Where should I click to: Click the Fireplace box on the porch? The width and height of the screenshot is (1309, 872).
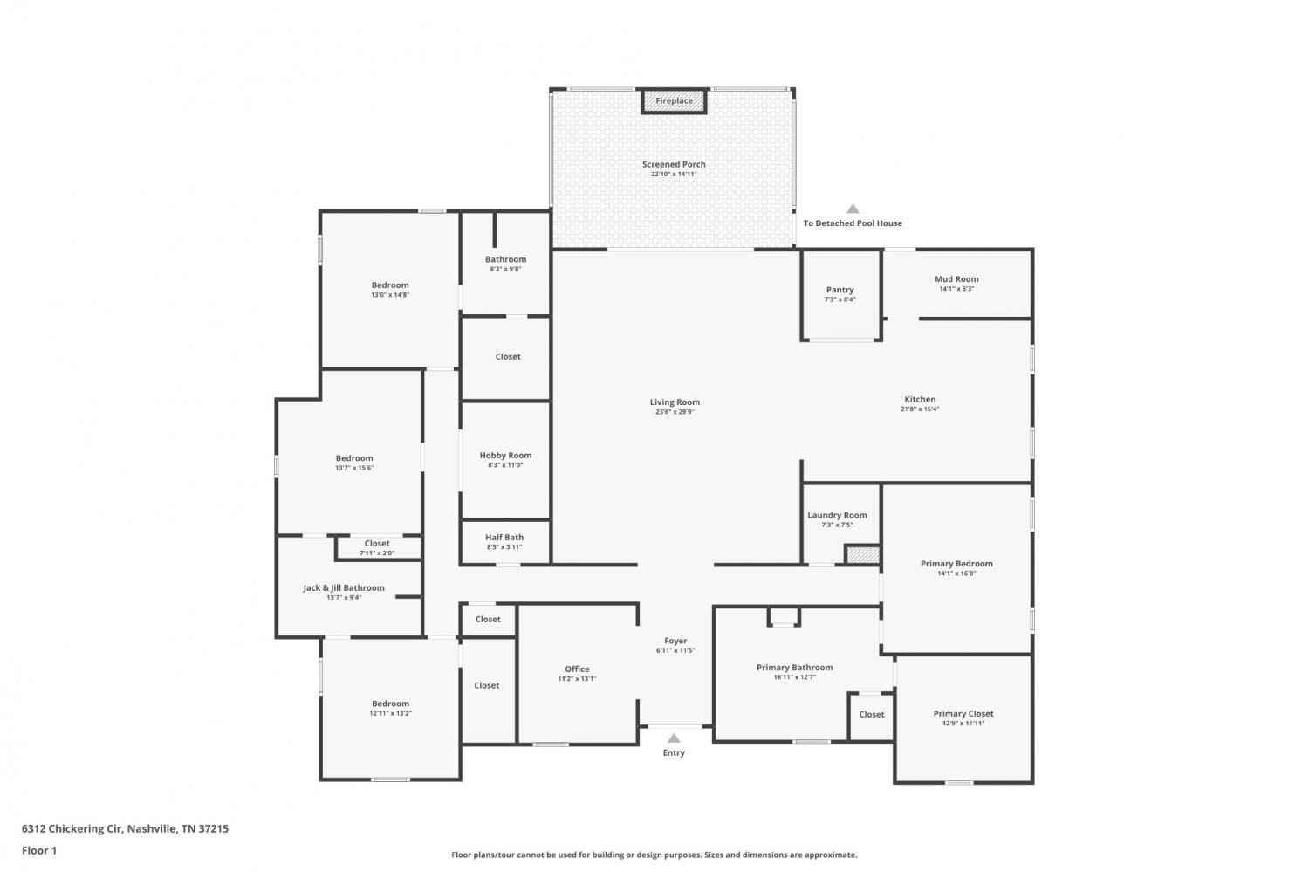point(674,101)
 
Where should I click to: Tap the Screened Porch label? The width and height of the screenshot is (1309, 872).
point(674,164)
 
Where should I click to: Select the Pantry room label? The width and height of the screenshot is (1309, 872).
point(840,290)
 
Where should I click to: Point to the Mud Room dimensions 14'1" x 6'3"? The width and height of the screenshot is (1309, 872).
point(956,289)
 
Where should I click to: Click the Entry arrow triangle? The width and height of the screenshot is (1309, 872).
point(674,738)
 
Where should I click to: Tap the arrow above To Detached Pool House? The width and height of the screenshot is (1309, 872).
point(853,209)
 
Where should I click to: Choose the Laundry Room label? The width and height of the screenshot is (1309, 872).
point(837,515)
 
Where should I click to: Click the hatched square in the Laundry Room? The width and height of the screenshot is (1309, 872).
point(863,554)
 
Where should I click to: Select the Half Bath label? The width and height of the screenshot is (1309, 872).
point(504,537)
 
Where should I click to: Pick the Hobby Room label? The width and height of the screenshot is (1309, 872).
point(505,456)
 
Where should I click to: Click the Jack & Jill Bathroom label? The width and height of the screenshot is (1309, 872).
point(344,588)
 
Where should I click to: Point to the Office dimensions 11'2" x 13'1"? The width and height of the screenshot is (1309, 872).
point(578,678)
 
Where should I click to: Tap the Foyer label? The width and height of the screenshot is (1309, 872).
point(675,641)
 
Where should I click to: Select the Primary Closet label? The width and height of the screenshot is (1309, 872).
point(963,714)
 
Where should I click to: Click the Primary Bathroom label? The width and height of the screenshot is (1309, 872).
point(795,668)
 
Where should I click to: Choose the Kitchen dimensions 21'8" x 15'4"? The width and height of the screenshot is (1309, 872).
point(920,409)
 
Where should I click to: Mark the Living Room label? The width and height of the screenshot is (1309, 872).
point(675,402)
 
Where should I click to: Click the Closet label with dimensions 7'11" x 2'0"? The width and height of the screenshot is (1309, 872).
point(377,544)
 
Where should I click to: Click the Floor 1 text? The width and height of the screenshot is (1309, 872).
point(39,850)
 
